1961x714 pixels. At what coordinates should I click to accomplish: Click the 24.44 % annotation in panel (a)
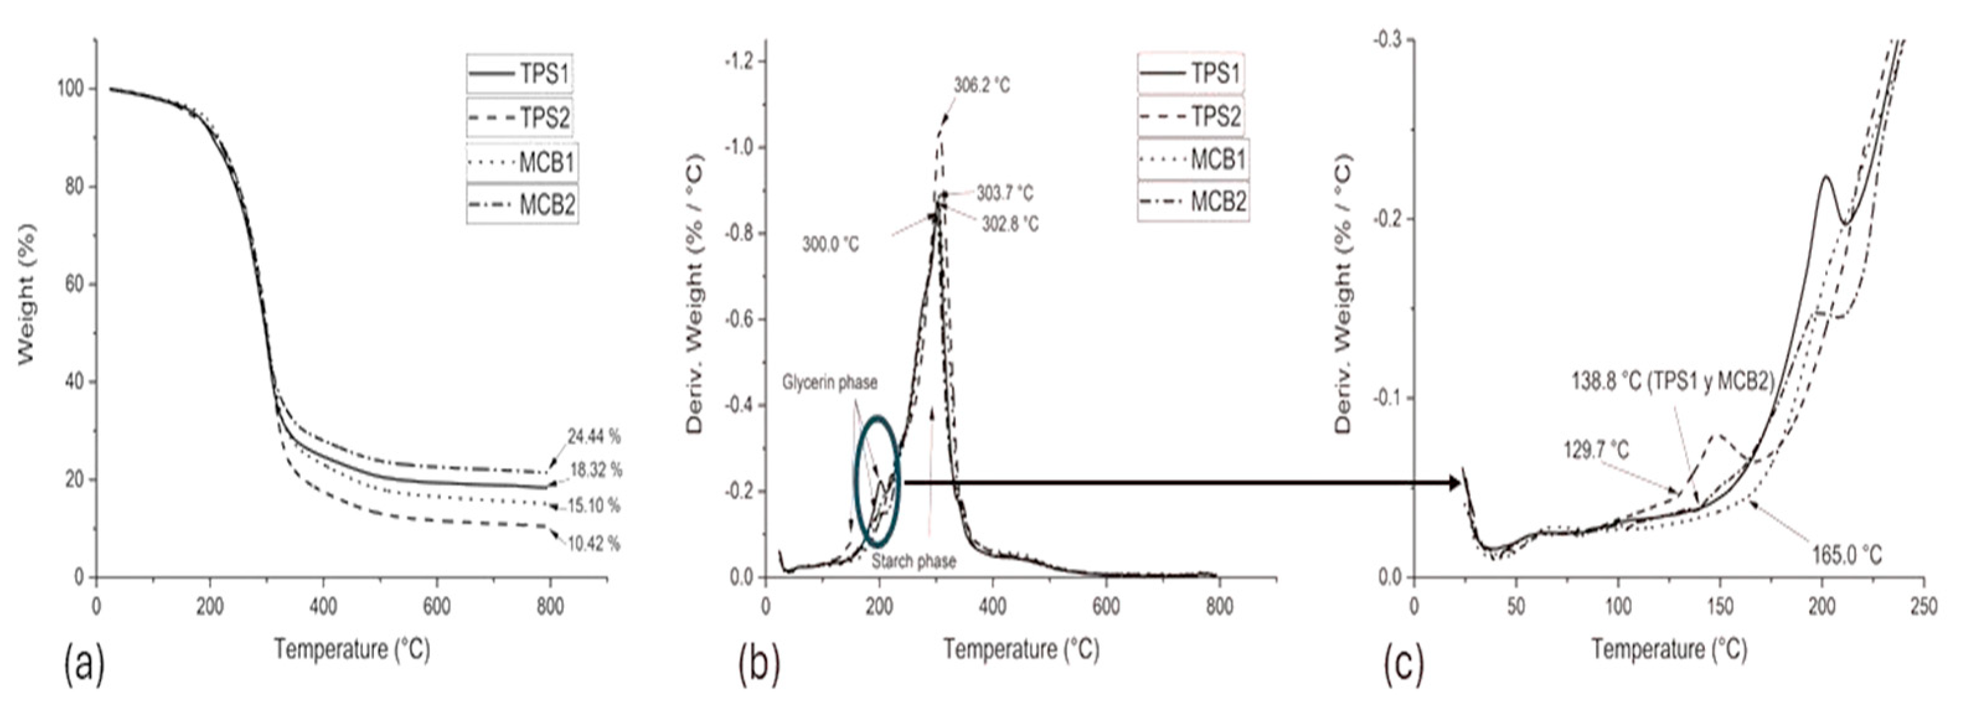[x=593, y=437]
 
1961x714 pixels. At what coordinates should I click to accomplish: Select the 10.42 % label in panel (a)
[x=593, y=544]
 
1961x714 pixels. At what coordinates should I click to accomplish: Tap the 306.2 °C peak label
[x=981, y=86]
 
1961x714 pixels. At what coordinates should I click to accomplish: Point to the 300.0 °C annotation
[x=830, y=245]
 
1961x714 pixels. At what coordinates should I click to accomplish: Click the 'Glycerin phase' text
[x=830, y=383]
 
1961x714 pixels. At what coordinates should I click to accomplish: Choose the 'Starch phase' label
[x=913, y=561]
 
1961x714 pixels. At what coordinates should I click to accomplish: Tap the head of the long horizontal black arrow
[x=1456, y=482]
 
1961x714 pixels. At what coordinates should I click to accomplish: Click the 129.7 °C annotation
[x=1596, y=450]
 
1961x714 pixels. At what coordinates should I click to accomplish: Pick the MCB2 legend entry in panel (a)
[x=523, y=205]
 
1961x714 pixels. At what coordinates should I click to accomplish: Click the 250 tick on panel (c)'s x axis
[x=1924, y=607]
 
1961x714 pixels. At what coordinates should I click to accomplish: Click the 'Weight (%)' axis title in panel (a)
[x=27, y=293]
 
